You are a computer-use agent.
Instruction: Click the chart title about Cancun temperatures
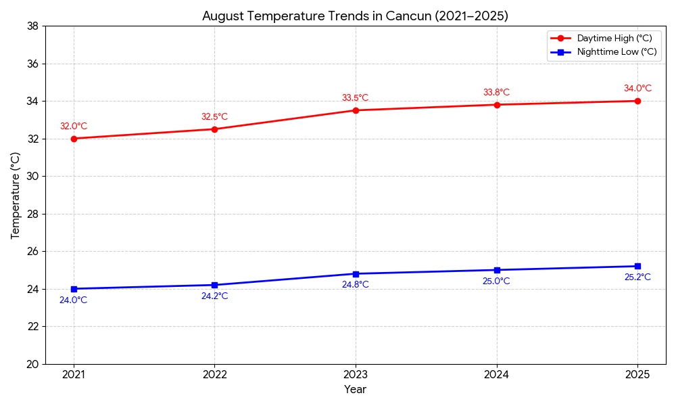pos(355,16)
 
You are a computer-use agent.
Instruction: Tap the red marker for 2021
pos(74,139)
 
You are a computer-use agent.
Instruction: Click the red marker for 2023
pos(356,110)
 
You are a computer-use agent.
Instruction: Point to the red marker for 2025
pos(637,101)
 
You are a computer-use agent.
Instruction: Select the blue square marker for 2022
pos(214,285)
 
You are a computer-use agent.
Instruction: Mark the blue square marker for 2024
pos(497,270)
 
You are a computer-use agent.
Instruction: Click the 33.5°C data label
pos(355,98)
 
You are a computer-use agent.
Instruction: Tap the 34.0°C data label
pos(637,89)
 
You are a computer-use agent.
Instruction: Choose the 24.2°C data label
pos(214,296)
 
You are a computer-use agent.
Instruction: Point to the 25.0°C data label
pos(496,281)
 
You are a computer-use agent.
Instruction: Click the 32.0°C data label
pos(74,127)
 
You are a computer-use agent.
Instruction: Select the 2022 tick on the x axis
pos(214,374)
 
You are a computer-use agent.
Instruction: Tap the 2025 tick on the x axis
pos(637,374)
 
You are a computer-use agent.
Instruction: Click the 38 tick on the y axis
pos(32,26)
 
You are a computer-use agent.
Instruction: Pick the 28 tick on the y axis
pos(32,214)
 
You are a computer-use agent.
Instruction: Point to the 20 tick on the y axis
pos(32,364)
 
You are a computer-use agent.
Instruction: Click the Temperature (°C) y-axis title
pos(16,195)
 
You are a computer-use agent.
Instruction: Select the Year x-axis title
pos(355,390)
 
